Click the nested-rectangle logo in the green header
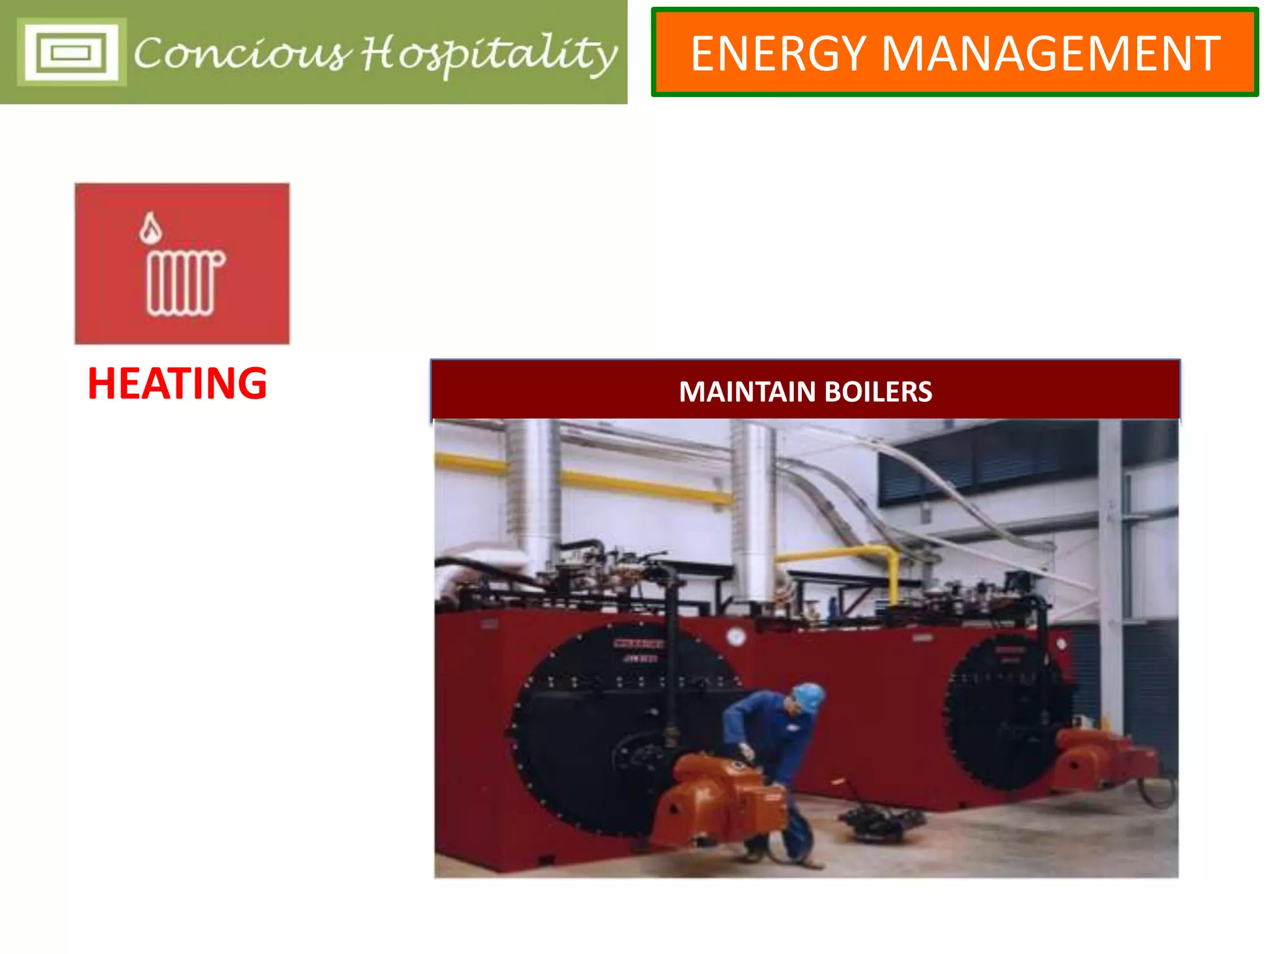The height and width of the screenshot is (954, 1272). pos(71,52)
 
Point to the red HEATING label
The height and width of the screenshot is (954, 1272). pos(178,383)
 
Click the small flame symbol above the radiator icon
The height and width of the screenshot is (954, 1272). pos(150,228)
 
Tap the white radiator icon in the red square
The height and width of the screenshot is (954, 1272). pos(184,283)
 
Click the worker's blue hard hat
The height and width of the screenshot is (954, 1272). pos(808,696)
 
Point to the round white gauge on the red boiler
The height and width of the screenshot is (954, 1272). pos(735,637)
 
